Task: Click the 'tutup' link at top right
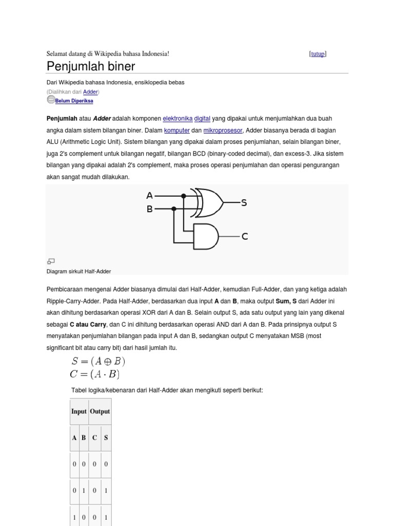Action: pos(318,54)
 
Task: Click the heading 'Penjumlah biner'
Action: pos(91,66)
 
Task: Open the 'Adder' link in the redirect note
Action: pos(90,91)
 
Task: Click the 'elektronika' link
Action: pos(178,118)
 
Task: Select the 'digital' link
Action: pos(202,118)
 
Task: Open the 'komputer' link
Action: pos(177,130)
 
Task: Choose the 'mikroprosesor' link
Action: pos(223,130)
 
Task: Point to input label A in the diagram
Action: pos(149,196)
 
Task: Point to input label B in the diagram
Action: pos(149,209)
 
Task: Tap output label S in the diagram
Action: pos(244,203)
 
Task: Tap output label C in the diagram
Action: pos(245,236)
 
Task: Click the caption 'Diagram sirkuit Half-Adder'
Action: pos(78,271)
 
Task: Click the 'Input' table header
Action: pos(79,411)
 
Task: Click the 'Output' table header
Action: pos(100,411)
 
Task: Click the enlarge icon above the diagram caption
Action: pos(51,261)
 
